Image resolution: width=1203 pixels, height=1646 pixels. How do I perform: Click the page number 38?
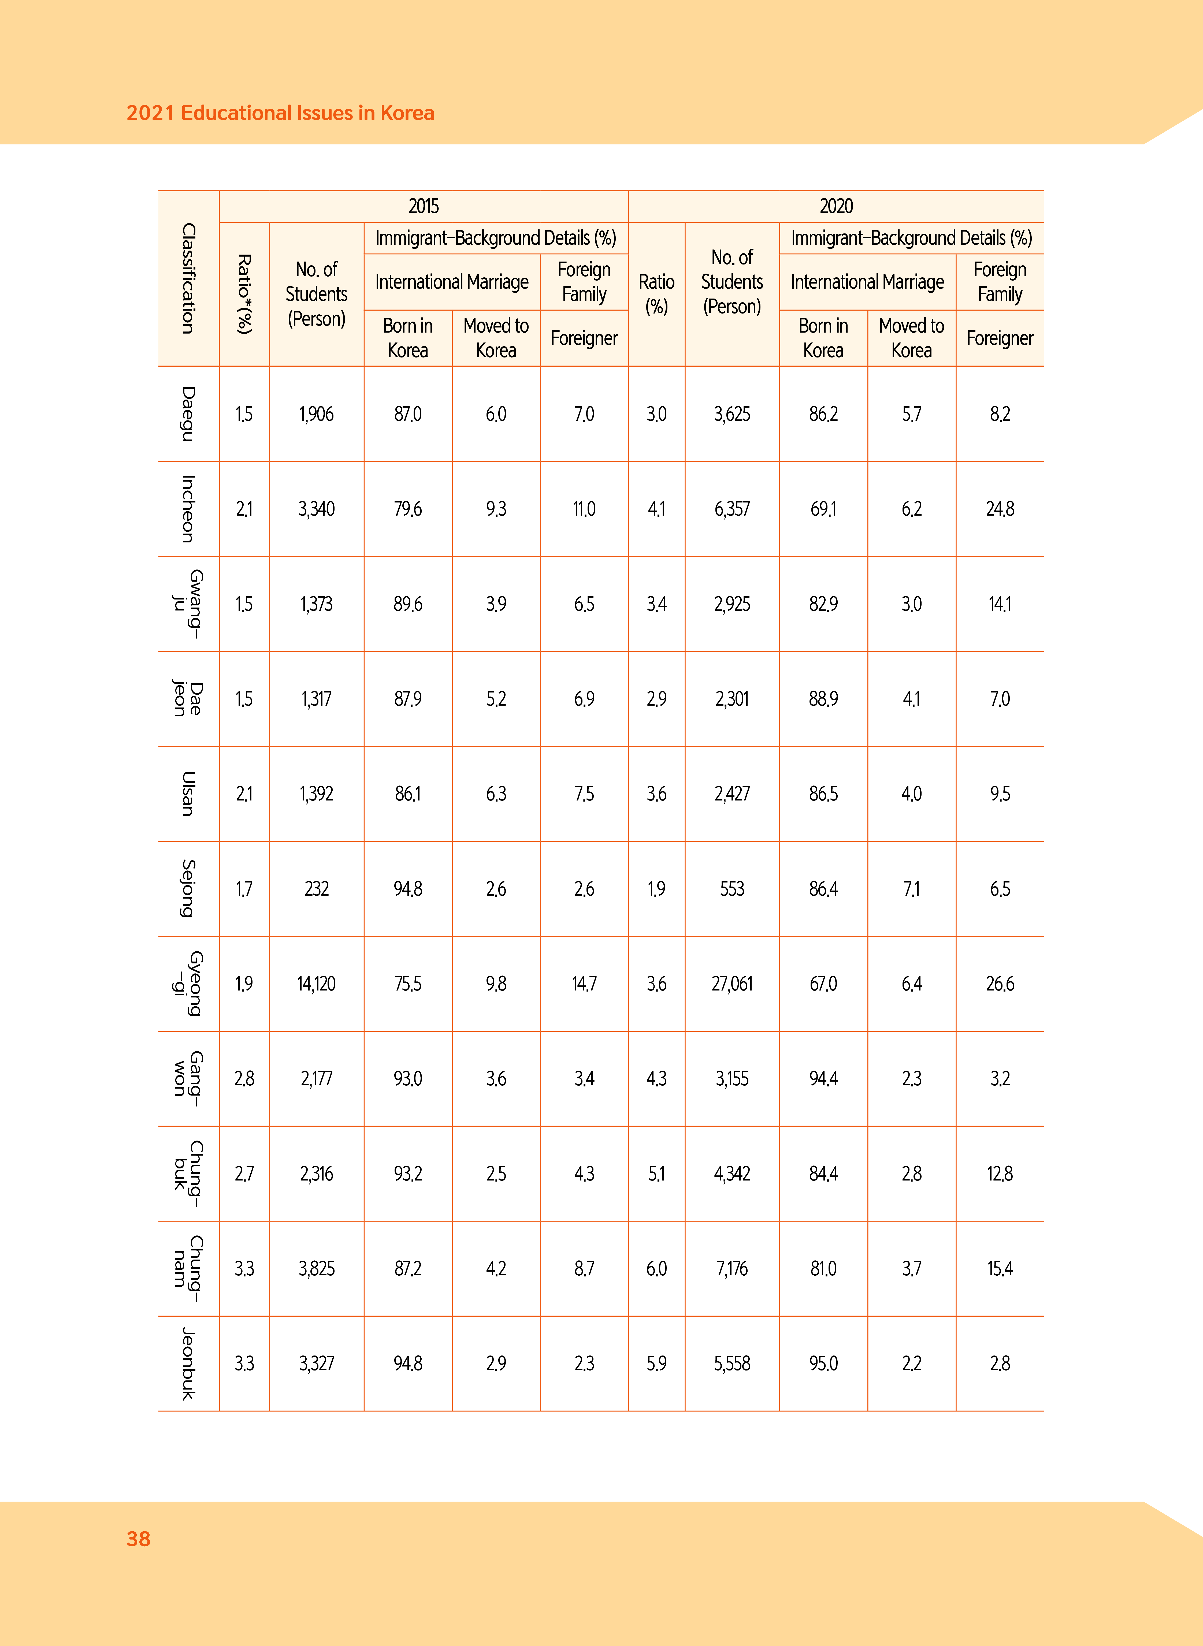(138, 1538)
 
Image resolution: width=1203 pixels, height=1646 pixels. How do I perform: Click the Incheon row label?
(188, 509)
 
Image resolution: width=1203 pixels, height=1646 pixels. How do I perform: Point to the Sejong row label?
(188, 888)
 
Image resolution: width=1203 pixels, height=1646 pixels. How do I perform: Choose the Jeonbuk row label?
(188, 1363)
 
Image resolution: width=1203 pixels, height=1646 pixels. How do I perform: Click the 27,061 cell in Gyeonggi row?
(732, 984)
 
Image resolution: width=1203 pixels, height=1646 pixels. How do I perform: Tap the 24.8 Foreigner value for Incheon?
(1000, 509)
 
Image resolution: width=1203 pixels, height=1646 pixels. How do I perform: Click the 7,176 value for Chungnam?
(732, 1268)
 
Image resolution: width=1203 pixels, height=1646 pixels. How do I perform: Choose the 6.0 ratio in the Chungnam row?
(656, 1268)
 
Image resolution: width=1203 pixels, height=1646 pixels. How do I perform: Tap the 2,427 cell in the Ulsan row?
(732, 794)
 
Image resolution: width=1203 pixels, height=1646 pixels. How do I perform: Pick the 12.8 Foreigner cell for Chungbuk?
(1000, 1174)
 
